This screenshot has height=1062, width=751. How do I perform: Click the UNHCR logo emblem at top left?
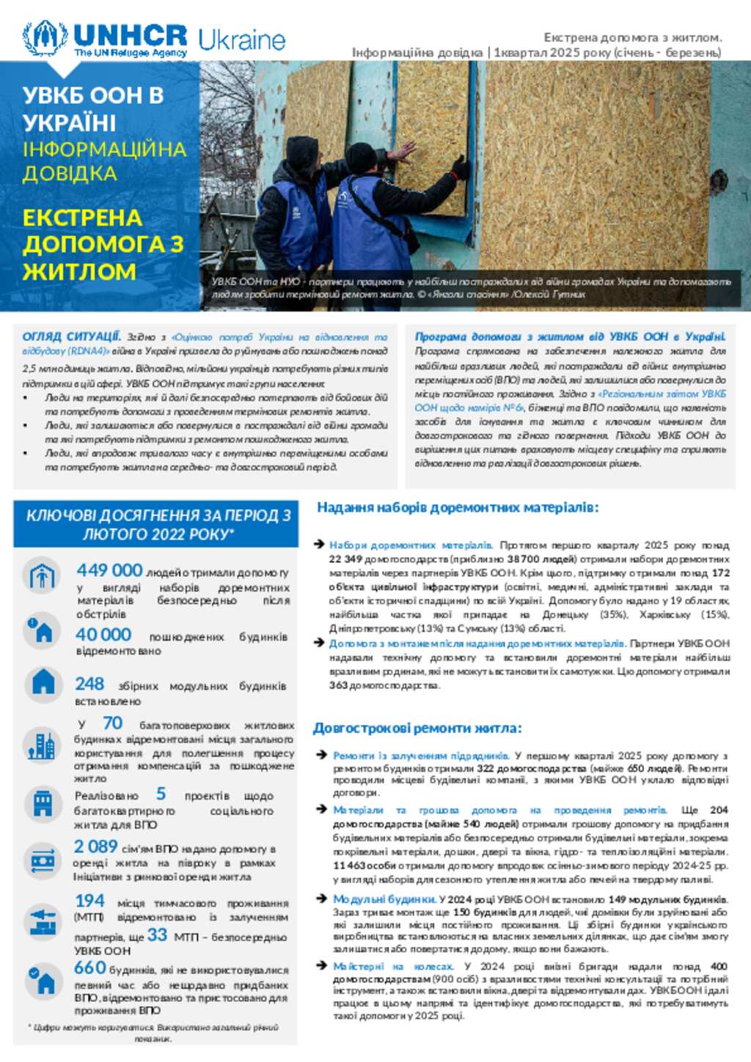pyautogui.click(x=45, y=39)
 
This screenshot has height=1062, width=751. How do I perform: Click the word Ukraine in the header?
pyautogui.click(x=241, y=40)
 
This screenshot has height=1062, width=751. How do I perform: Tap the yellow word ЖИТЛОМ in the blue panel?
pyautogui.click(x=79, y=271)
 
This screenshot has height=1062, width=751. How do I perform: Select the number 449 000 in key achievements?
pyautogui.click(x=109, y=570)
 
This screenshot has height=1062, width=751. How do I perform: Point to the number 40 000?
pyautogui.click(x=103, y=635)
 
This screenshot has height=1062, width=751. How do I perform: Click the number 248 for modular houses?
pyautogui.click(x=89, y=684)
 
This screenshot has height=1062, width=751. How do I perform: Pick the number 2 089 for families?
pyautogui.click(x=95, y=847)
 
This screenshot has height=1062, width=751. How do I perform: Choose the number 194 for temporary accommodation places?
pyautogui.click(x=89, y=901)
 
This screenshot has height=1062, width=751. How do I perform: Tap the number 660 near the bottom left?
pyautogui.click(x=90, y=967)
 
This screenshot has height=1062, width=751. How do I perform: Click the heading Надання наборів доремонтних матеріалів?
pyautogui.click(x=458, y=507)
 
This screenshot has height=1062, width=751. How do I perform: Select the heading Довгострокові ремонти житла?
pyautogui.click(x=417, y=728)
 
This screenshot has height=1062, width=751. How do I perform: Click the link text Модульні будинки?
pyautogui.click(x=384, y=899)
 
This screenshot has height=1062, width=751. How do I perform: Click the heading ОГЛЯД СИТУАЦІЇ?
pyautogui.click(x=71, y=337)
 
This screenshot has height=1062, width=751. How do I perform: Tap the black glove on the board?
pyautogui.click(x=461, y=167)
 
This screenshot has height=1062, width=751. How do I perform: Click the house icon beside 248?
pyautogui.click(x=43, y=683)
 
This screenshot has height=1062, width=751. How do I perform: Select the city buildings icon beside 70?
pyautogui.click(x=41, y=745)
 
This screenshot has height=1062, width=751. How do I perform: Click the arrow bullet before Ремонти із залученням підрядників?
pyautogui.click(x=320, y=755)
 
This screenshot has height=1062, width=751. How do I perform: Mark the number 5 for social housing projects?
pyautogui.click(x=161, y=794)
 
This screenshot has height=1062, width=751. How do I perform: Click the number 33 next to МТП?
pyautogui.click(x=157, y=935)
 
